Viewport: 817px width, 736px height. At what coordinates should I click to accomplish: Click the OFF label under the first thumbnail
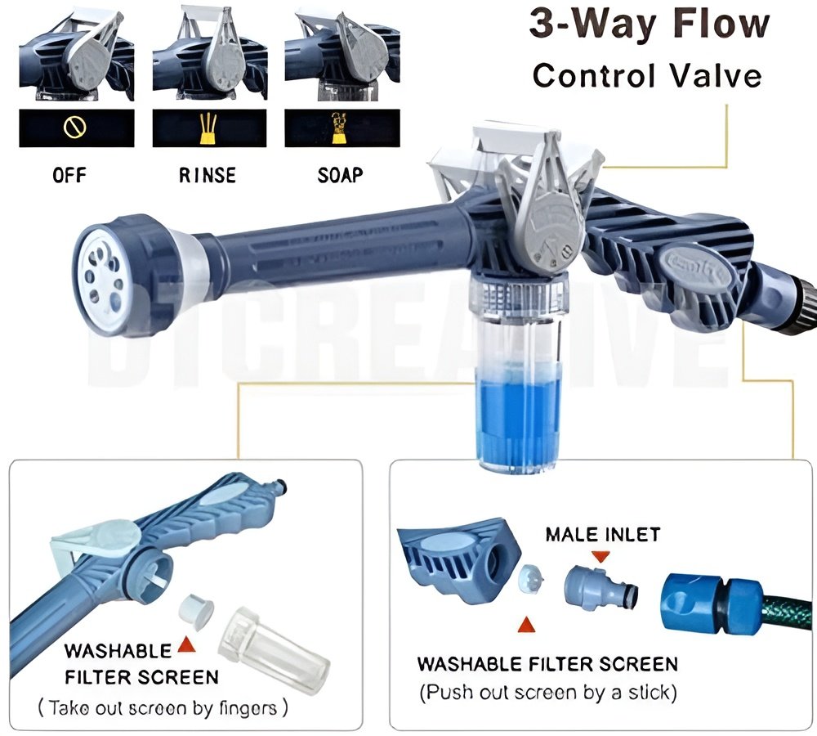click(x=69, y=175)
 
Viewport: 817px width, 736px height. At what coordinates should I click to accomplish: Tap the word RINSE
click(x=208, y=175)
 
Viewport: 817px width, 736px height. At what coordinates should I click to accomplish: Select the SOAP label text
click(x=342, y=175)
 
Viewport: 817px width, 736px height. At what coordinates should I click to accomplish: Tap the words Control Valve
click(x=647, y=75)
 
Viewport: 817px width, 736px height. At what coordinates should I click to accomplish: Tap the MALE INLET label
click(x=603, y=535)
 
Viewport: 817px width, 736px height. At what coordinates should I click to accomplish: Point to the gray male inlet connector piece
click(x=600, y=587)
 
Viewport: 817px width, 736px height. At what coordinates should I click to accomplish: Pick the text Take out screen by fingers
click(x=163, y=707)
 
